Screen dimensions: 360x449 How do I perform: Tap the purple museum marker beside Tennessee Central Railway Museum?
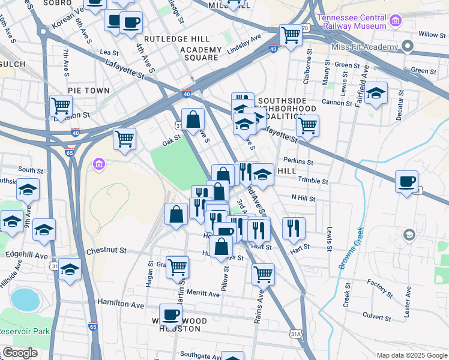[395, 22]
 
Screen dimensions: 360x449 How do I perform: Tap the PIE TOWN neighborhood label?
[89, 91]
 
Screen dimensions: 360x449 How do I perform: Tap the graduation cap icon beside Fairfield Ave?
[376, 93]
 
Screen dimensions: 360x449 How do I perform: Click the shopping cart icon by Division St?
[61, 106]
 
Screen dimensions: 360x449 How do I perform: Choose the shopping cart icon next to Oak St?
[124, 138]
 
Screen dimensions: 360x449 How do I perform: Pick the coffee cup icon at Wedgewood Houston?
[170, 314]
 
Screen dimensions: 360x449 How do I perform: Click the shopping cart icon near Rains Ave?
[263, 274]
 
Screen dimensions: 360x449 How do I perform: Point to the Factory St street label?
[379, 289]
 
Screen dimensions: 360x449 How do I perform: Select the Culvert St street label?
[378, 314]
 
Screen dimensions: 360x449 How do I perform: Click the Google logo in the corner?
[20, 353]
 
